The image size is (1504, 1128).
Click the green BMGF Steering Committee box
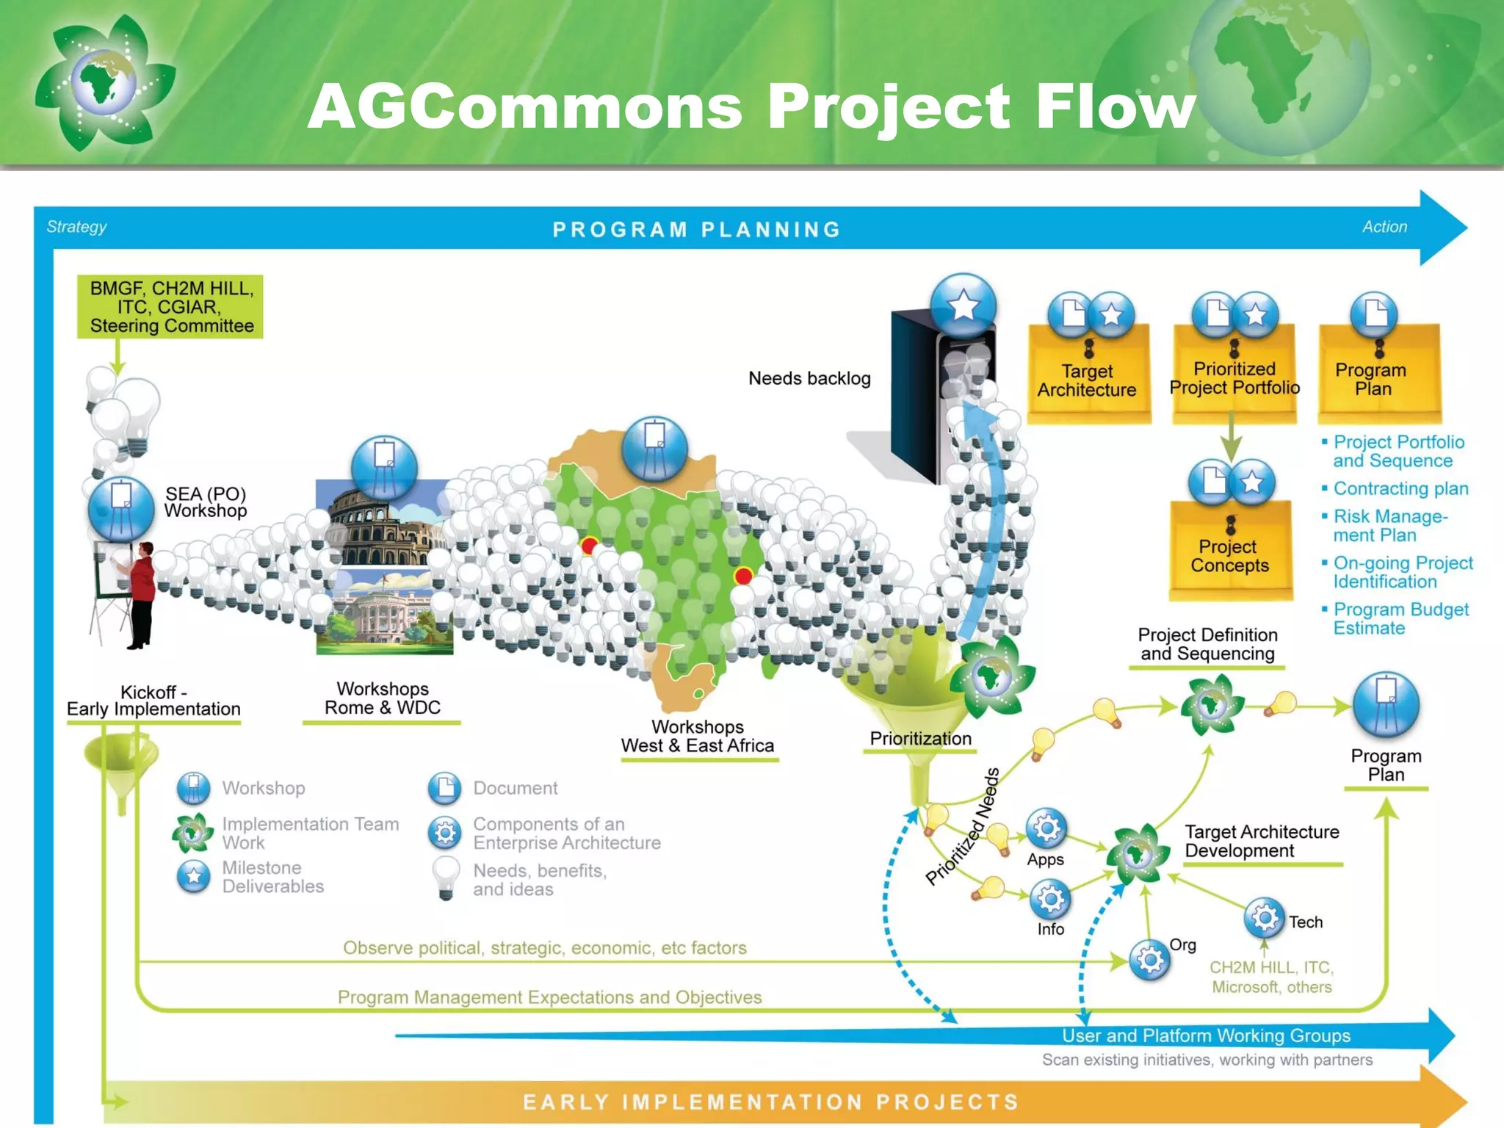pos(170,307)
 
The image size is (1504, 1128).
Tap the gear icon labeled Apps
pos(1046,829)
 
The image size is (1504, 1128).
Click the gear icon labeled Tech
pos(1265,918)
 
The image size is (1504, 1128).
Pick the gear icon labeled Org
pos(1150,960)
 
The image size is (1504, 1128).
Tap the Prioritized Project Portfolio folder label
pos(1234,378)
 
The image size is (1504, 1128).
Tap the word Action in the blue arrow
pos(1384,227)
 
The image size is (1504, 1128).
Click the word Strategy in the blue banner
pos(76,227)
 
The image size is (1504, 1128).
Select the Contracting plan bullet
pos(1400,488)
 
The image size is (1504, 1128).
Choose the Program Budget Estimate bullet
pos(1400,618)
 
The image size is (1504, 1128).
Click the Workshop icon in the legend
pos(194,788)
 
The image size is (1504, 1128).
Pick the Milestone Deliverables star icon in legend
pos(194,876)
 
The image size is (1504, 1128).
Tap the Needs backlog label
pos(809,378)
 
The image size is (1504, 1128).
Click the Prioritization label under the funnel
pos(920,739)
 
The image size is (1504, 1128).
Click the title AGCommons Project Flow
pos(751,106)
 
